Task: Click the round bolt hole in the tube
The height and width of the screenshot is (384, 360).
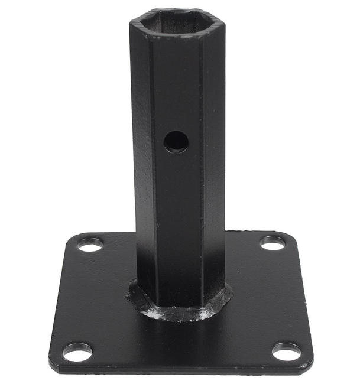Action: [x=176, y=142]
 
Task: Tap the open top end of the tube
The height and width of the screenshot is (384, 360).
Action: [x=177, y=22]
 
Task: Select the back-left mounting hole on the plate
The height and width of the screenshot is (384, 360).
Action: [x=90, y=244]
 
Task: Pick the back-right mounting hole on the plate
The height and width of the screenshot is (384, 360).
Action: [x=273, y=242]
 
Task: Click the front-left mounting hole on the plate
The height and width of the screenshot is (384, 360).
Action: [x=77, y=352]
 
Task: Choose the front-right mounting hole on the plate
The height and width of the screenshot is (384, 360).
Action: [x=287, y=352]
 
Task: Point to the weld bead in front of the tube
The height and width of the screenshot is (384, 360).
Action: [x=177, y=313]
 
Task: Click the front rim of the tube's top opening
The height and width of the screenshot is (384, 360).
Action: [x=177, y=35]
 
